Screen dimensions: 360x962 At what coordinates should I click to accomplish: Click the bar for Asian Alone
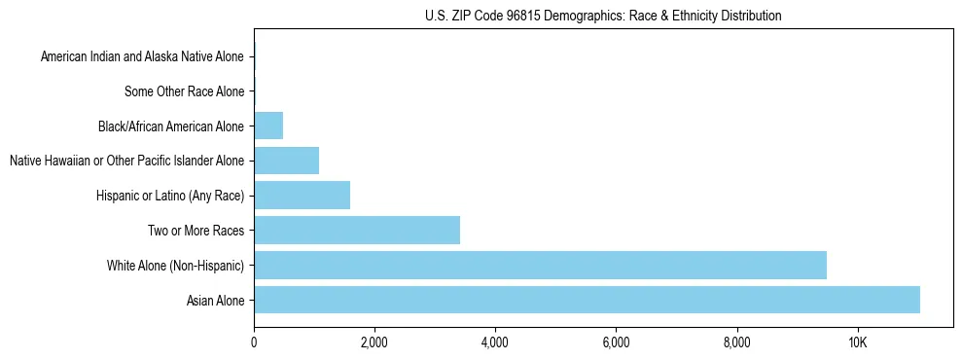point(587,300)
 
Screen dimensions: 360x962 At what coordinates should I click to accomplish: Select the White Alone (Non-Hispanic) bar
point(540,265)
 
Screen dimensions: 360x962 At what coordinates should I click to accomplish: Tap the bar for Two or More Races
point(357,231)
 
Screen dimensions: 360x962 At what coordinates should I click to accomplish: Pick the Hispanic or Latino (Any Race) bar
point(302,195)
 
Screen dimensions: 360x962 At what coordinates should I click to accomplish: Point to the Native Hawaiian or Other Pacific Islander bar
point(286,161)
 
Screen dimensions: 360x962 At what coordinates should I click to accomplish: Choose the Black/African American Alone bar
point(268,126)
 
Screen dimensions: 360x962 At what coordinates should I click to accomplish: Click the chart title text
point(603,17)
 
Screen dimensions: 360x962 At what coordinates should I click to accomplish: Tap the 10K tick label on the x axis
point(857,342)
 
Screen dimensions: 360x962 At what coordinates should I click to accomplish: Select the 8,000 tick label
point(736,342)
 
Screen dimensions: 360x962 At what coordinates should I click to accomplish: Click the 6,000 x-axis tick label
point(616,342)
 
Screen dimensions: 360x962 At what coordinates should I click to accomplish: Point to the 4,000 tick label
point(495,342)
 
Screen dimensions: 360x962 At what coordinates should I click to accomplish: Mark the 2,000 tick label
point(374,342)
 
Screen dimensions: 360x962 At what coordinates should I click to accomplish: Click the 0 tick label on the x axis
point(254,342)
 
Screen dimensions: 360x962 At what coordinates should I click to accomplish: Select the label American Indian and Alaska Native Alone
point(142,56)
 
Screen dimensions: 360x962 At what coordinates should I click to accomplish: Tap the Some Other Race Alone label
point(185,91)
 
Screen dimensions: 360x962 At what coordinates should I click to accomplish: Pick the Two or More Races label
point(196,231)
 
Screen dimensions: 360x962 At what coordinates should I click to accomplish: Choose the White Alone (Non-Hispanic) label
point(175,266)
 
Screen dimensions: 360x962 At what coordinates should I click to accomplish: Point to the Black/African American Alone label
point(171,126)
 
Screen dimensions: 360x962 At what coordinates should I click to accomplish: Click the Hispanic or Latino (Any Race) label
point(169,196)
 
